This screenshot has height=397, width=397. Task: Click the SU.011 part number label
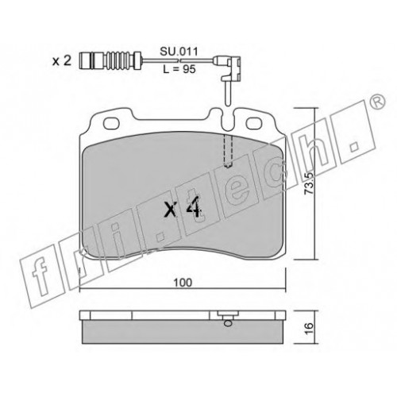[179, 52]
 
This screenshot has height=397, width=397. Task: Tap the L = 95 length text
[179, 69]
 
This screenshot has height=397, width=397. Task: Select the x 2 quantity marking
[62, 61]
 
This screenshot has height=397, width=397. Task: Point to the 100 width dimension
[183, 283]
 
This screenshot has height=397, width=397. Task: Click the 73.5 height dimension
[309, 183]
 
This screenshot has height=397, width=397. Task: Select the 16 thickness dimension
[309, 328]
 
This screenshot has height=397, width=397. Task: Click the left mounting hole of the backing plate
[111, 123]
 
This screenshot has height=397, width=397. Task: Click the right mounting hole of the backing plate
[254, 123]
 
